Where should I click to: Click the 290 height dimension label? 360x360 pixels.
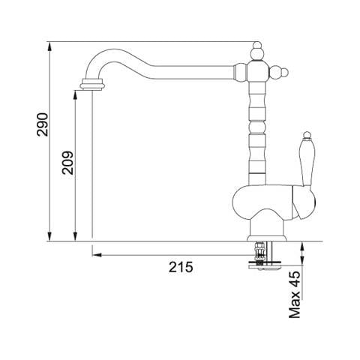pyautogui.click(x=42, y=124)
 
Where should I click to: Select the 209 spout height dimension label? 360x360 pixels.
pyautogui.click(x=68, y=163)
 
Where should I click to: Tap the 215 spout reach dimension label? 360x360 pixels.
pyautogui.click(x=181, y=267)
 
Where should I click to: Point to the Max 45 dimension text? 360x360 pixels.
pyautogui.click(x=295, y=295)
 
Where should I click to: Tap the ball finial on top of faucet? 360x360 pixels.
pyautogui.click(x=257, y=51)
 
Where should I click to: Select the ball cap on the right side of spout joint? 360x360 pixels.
pyautogui.click(x=279, y=72)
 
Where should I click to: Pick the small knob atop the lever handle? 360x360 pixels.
pyautogui.click(x=307, y=135)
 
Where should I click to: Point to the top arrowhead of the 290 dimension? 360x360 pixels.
pyautogui.click(x=49, y=46)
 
